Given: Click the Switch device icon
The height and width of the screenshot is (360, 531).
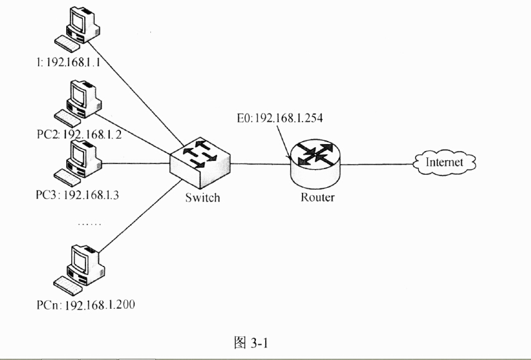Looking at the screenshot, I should [200, 165].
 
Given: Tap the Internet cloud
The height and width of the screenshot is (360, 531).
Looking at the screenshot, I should [444, 163].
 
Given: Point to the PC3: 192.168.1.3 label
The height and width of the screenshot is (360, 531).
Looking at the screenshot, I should [77, 194].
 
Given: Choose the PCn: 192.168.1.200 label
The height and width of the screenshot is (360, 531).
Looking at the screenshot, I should [85, 305].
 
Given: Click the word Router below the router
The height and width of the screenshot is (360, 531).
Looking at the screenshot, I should [318, 198].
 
